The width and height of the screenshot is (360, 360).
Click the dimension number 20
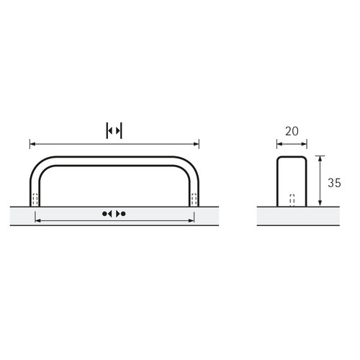[292, 131]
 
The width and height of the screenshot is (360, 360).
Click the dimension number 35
[334, 183]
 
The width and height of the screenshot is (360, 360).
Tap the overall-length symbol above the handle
[114, 131]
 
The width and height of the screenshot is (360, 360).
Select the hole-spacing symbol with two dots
[114, 214]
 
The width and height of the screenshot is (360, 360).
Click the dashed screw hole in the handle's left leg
[35, 199]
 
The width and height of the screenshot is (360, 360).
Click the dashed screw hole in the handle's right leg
[194, 199]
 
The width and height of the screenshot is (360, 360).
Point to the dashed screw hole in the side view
[292, 200]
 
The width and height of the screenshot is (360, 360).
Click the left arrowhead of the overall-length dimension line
[32, 144]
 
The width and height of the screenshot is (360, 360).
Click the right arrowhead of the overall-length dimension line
[197, 144]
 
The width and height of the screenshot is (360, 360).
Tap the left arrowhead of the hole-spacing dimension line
[38, 220]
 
